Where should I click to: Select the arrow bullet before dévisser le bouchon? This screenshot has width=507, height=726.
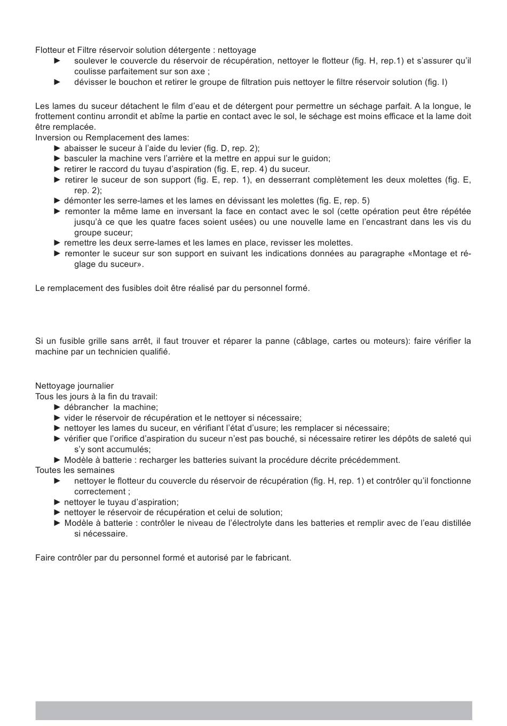coord(58,82)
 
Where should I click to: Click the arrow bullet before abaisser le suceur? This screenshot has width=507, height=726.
coord(58,148)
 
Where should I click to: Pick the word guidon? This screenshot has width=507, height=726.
coord(317,159)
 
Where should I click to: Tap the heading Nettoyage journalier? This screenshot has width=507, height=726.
coord(74,386)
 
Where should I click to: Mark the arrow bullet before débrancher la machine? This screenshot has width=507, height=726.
coord(58,407)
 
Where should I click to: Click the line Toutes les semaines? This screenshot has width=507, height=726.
coord(75,470)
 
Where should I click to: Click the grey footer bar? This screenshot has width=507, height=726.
coord(253,711)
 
